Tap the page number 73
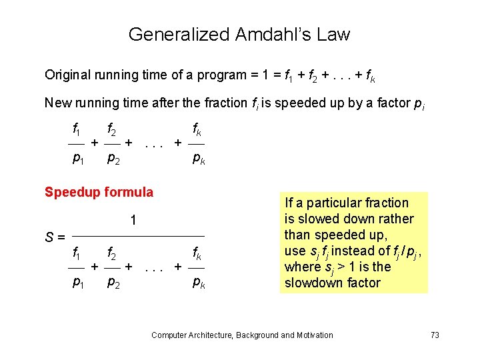[x=435, y=335]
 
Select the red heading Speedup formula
[x=99, y=192]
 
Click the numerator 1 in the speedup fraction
[x=133, y=219]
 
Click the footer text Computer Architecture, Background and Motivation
[x=242, y=335]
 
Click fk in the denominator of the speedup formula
[x=198, y=253]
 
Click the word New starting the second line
[x=56, y=103]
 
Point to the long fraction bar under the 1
[x=138, y=236]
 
